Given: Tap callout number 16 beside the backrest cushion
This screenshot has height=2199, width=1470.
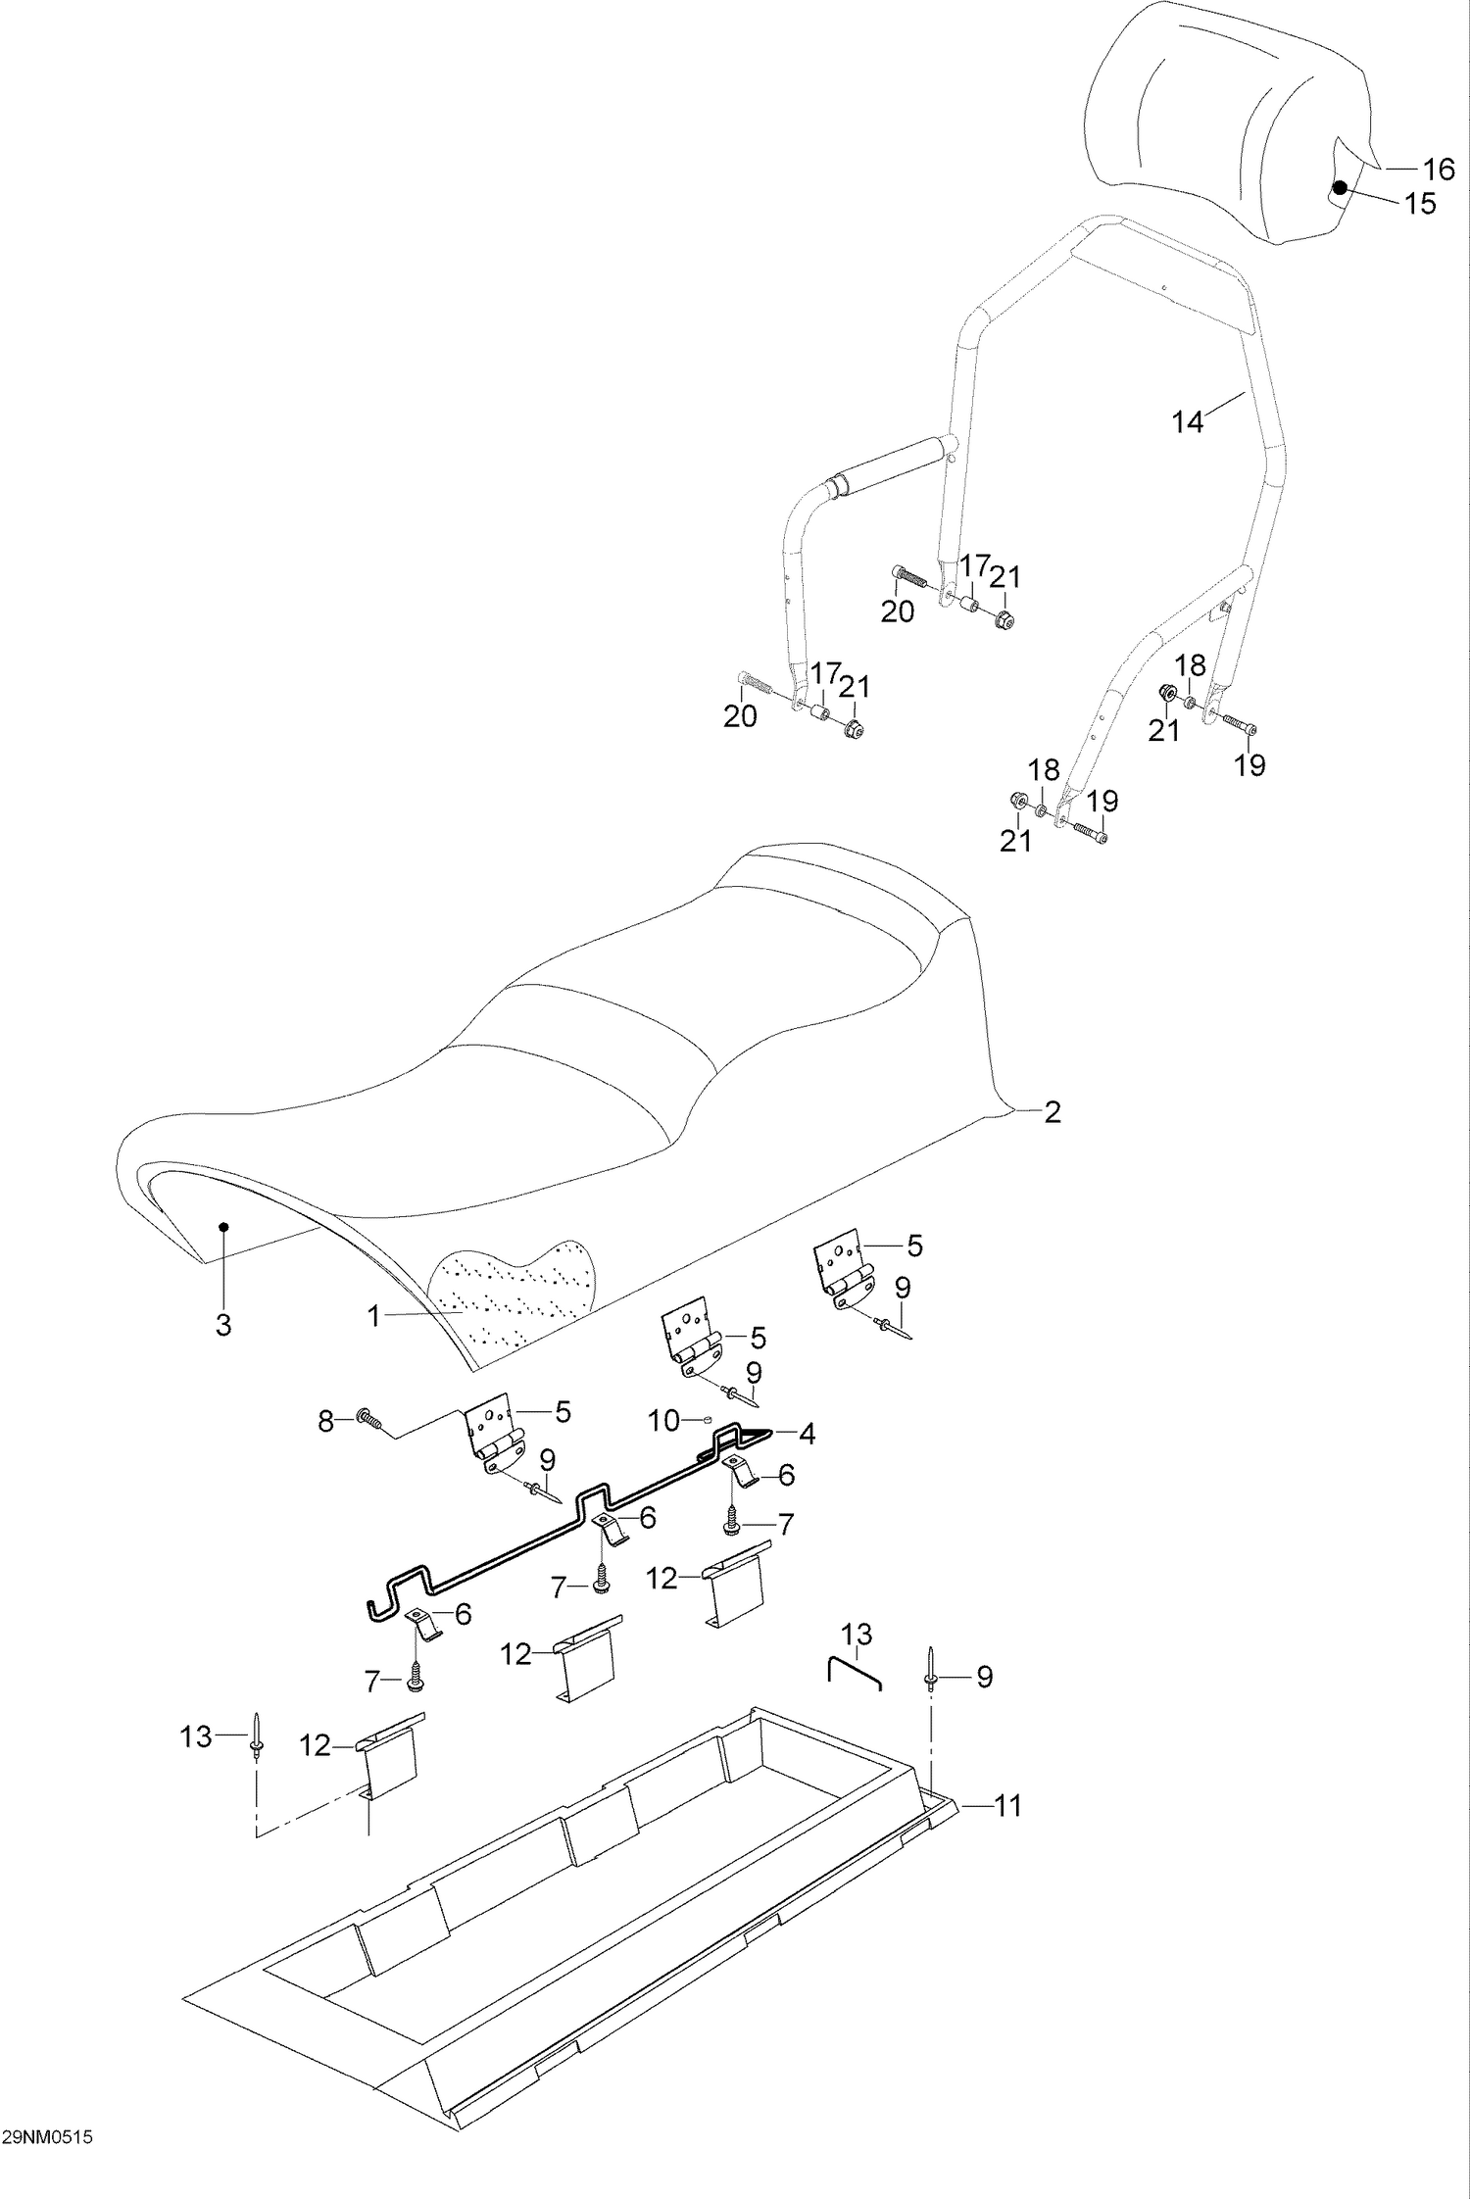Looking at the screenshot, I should pos(1439,170).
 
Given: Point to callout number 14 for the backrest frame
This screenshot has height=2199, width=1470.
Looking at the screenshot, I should pos(1187,422).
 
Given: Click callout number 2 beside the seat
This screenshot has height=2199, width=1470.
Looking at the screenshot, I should pos(1052,1112).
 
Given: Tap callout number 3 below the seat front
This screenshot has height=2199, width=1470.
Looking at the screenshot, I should pos(223,1326).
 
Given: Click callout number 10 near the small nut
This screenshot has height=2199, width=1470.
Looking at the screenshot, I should pos(663,1420).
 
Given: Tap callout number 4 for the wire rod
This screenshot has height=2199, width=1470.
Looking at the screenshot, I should pos(807,1435).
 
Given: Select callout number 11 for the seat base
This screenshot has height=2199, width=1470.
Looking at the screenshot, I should pos(1008,1805).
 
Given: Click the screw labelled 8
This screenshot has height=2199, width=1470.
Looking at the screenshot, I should pos(367,1418).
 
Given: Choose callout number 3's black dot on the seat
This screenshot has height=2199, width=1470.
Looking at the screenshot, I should pos(223,1227).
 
